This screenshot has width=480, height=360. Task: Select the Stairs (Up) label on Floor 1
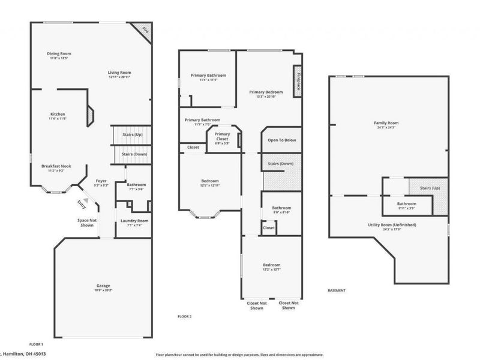132,136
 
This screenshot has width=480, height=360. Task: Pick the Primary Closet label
222,136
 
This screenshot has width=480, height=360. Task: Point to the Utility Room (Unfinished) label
392,225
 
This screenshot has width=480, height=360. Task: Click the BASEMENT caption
337,290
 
